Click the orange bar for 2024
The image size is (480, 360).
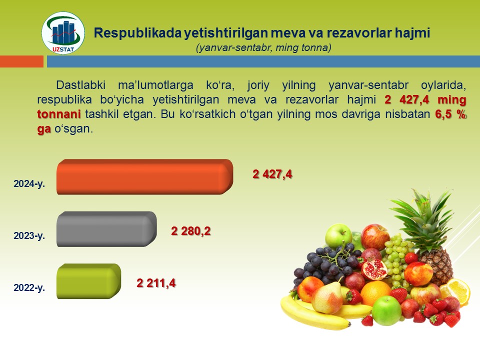145,176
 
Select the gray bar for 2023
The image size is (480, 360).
106,229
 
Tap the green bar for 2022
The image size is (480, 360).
89,281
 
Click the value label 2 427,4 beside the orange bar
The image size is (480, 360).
272,174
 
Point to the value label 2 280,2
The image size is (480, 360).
190,231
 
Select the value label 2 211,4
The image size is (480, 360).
156,283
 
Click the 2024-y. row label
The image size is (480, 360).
29,183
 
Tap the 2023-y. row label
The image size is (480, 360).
29,235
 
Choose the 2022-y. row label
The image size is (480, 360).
29,288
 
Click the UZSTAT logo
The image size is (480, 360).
63,33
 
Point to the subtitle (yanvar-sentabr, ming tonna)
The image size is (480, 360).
263,48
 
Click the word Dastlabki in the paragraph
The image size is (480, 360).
81,85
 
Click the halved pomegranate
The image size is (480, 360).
374,269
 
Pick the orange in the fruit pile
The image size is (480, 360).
375,293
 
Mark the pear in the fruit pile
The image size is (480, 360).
327,297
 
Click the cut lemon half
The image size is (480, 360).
456,291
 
